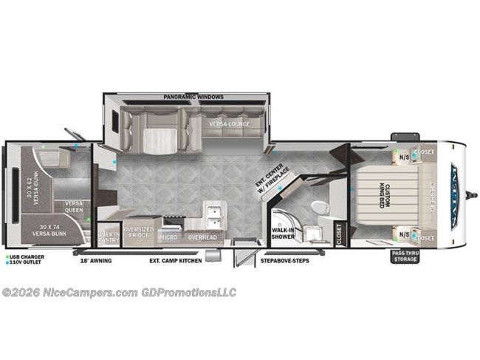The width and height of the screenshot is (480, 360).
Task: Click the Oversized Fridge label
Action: [x=139, y=233]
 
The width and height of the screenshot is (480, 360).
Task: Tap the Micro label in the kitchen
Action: [x=168, y=238]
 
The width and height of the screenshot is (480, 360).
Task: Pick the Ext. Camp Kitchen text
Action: [x=175, y=261]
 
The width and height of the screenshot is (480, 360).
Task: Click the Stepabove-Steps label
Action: [x=284, y=261]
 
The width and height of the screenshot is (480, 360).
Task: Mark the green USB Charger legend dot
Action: [x=6, y=257]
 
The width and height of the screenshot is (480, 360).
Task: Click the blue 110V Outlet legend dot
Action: [x=6, y=263]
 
